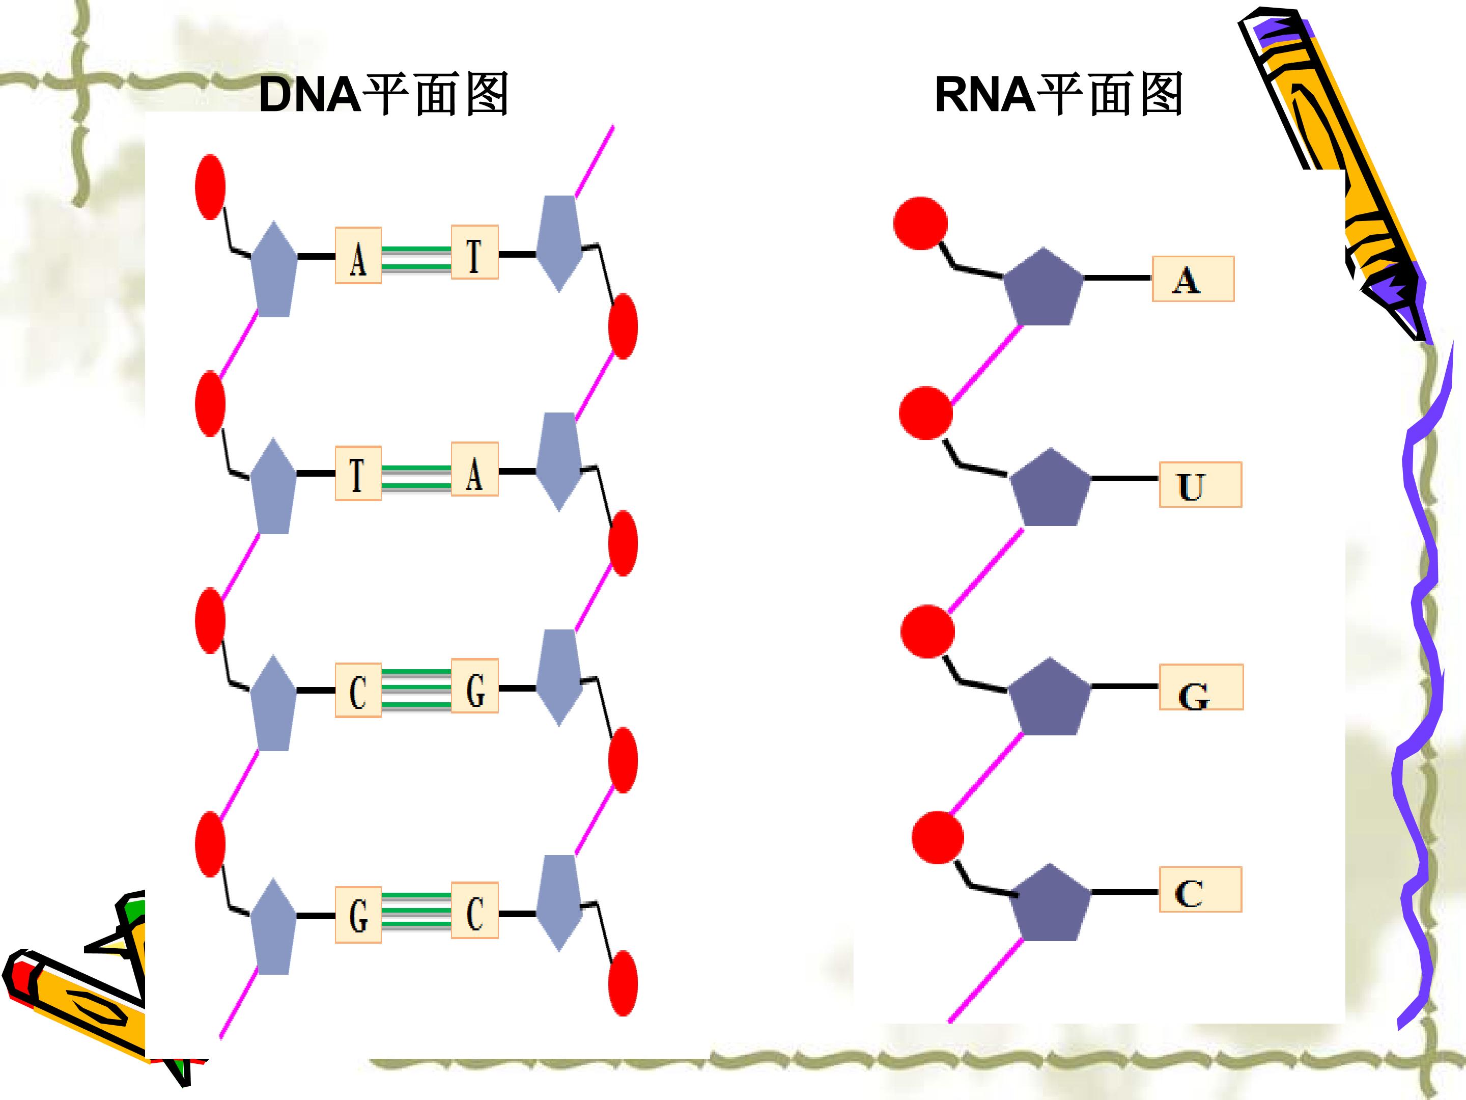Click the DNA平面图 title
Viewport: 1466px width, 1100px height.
point(383,95)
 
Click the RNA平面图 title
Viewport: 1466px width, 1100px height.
point(1058,95)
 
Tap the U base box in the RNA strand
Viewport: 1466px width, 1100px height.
point(1200,485)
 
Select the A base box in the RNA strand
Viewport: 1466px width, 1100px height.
point(1193,279)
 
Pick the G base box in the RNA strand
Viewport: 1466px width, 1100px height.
point(1201,687)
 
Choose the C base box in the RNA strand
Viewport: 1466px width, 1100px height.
point(1200,889)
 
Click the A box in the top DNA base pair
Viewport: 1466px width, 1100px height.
point(358,255)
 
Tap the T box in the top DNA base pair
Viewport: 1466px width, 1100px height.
point(474,252)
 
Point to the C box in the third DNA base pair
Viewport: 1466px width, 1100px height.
point(358,690)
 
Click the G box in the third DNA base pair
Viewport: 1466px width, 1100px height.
point(474,685)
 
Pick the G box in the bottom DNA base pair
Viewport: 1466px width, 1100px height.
point(358,914)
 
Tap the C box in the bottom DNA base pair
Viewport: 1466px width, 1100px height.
point(474,910)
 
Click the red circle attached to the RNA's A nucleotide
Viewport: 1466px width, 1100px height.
point(920,224)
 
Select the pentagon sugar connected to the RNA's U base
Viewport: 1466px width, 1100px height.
point(1050,488)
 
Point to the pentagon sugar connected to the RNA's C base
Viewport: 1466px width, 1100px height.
point(1050,902)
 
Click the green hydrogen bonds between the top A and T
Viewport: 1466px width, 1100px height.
point(416,259)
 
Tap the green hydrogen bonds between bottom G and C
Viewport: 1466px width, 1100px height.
point(416,912)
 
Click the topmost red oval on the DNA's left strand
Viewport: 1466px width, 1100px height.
point(210,187)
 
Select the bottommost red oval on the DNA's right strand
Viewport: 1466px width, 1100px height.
point(623,983)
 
